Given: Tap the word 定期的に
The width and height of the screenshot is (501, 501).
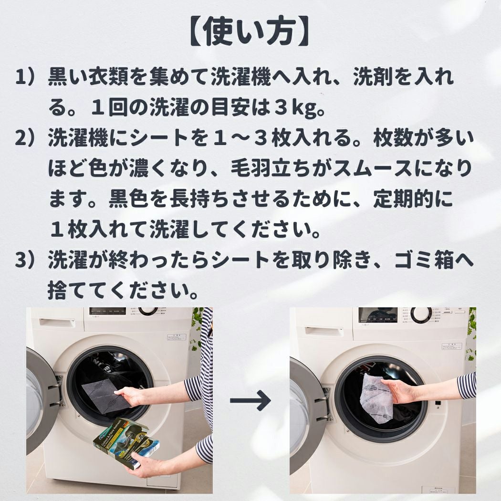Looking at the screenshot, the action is tap(413, 199).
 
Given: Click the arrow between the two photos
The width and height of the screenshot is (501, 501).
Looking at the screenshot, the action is tap(250, 400).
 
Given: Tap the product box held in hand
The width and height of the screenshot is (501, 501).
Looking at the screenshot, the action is tap(126, 442).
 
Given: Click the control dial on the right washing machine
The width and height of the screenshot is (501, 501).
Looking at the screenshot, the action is tap(421, 314).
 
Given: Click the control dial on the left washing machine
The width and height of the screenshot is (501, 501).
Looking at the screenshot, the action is tap(147, 311).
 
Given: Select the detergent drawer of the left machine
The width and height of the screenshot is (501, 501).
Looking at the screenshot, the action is tap(57, 322).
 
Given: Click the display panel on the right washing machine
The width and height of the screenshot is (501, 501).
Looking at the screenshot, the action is tap(378, 315).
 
